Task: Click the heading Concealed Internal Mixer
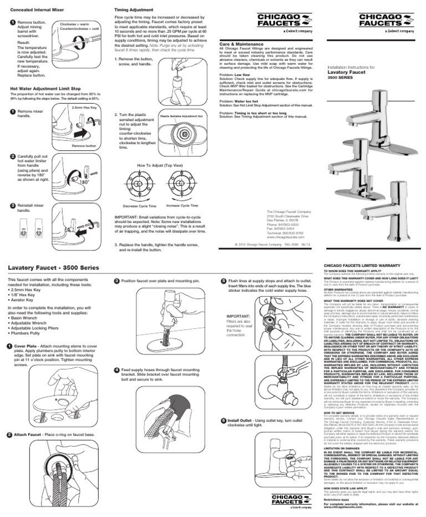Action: point(35,10)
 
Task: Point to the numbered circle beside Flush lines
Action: point(223,281)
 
